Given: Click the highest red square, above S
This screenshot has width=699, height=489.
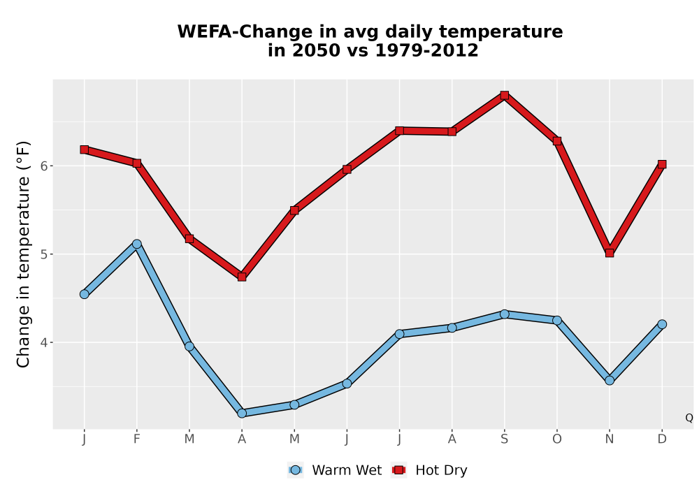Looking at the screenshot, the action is coord(504,95).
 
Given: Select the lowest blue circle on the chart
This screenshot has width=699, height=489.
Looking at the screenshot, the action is coord(242,414).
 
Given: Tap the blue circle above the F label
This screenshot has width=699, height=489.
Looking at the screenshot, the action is coord(137,244).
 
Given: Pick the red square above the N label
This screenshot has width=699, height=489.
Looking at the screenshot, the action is coord(610,253).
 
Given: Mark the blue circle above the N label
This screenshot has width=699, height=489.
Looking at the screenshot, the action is coord(610,381).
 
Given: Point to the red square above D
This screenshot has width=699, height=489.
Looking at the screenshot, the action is coord(662,164).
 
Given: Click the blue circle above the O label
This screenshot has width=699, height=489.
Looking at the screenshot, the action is coord(557,320).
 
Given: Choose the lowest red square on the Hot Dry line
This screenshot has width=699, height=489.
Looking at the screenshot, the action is coord(242,277).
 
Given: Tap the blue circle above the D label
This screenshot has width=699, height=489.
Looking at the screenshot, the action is coord(662,324).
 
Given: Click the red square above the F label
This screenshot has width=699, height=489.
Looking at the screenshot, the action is coord(137,163).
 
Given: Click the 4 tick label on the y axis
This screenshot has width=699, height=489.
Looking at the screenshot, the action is coord(43,342).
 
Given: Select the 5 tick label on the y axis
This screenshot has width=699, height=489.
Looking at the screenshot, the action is coord(43,254).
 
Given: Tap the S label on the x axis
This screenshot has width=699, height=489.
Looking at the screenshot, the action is coord(504,439).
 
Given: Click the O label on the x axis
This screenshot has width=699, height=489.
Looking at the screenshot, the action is coord(557,439).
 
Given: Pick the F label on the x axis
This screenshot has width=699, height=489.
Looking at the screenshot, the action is coord(137,439).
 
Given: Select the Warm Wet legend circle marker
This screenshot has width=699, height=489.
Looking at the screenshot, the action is coord(295,470).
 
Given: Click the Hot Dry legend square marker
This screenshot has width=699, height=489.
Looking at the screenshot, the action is coord(398,470).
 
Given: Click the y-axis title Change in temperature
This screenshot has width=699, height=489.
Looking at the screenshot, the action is coord(23,254).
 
